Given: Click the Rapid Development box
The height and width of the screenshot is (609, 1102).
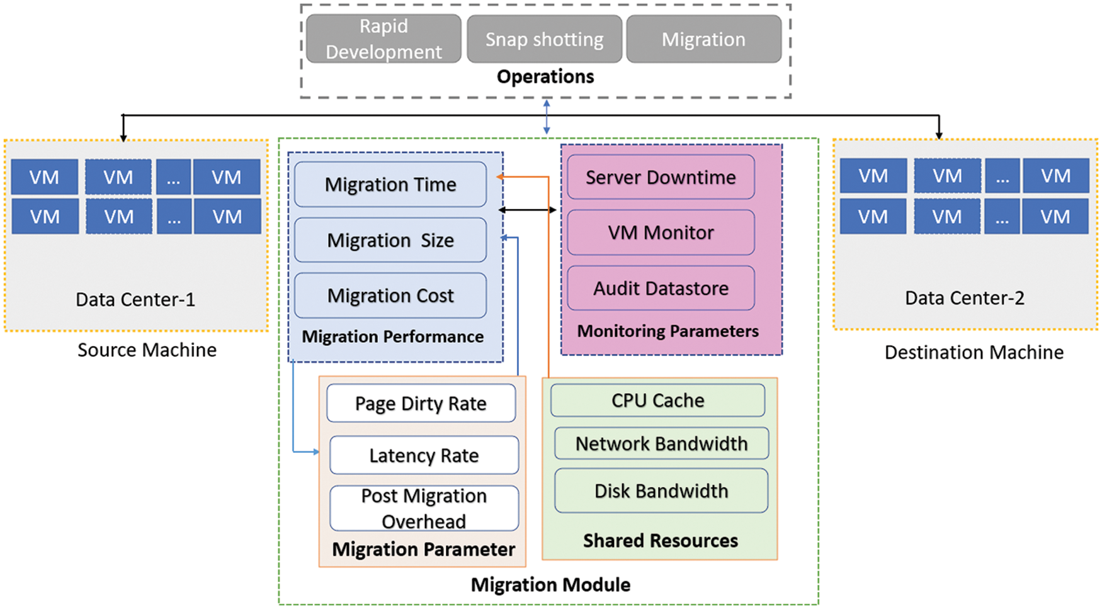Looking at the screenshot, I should (x=383, y=39).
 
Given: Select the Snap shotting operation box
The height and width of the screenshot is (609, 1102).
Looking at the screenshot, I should (x=544, y=40).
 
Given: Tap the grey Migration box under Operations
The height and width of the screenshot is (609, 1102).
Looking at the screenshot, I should (x=703, y=40).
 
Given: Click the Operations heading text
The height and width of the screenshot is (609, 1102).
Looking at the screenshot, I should (x=545, y=77).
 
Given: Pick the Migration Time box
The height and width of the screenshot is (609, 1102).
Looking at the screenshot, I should (x=390, y=184).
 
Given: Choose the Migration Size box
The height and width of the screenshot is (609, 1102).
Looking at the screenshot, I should (x=390, y=240).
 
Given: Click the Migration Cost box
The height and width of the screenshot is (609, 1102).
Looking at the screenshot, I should (x=390, y=295).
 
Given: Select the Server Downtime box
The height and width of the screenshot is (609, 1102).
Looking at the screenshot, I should (x=661, y=177).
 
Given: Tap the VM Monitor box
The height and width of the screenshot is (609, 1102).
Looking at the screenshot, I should (x=661, y=233).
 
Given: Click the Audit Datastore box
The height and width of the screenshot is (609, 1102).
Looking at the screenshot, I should (x=661, y=288).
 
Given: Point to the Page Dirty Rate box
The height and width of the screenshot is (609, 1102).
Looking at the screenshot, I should (x=421, y=403).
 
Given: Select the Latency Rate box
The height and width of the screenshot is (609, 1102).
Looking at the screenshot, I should (x=424, y=455).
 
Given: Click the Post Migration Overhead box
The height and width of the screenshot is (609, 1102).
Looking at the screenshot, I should (x=424, y=508).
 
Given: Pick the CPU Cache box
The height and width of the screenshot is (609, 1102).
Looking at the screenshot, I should (x=657, y=401).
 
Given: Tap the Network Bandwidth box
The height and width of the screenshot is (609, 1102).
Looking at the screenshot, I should (x=661, y=444).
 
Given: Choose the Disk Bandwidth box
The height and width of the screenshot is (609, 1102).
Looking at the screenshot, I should (x=661, y=491).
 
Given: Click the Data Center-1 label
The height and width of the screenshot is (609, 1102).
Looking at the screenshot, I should (x=135, y=299).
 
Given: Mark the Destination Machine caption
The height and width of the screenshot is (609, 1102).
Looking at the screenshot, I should (x=974, y=352).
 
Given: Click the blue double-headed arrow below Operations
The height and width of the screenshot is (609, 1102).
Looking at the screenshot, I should (x=547, y=116).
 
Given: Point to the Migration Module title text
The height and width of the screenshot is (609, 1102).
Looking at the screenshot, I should (x=550, y=584).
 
